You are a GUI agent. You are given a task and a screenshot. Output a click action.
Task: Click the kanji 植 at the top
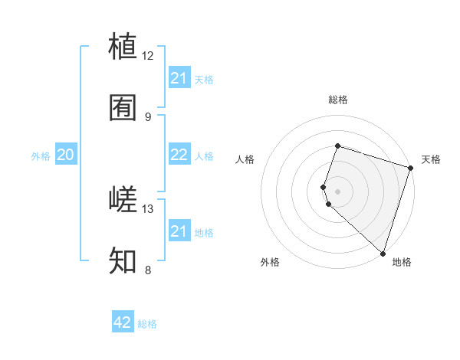coord(123,47)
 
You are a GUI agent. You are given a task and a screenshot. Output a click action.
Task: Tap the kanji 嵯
coord(123,200)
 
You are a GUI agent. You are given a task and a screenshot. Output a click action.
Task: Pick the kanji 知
coord(123,261)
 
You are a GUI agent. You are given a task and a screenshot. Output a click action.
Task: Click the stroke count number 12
coord(148,56)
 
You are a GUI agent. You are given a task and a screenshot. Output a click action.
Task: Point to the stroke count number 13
coord(148,208)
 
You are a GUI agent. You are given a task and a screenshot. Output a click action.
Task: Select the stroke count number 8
coord(148,270)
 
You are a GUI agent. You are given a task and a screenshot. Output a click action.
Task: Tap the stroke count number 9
coord(148,116)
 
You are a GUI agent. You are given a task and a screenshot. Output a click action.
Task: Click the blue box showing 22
coord(179,155)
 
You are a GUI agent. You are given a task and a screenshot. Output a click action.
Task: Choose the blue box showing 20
coord(65,155)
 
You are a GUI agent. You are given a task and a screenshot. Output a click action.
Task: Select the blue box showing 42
coord(123,322)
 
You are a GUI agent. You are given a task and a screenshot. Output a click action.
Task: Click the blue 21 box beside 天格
coord(179,78)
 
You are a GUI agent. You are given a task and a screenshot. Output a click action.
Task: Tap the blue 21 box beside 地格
coord(179,231)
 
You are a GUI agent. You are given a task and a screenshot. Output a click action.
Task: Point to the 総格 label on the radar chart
coord(338,100)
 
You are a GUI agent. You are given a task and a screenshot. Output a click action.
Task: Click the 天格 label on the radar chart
coord(431,159)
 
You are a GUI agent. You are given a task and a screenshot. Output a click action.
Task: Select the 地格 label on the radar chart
coord(402,262)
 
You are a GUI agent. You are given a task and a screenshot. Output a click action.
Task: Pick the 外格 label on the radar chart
coord(270,262)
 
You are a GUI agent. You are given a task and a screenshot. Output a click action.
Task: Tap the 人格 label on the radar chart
coord(245,159)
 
